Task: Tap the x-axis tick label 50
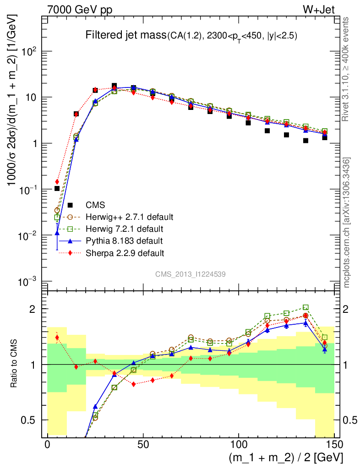[143, 445]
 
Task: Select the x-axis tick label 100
[239, 445]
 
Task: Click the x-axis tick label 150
[334, 445]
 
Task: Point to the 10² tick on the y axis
[30, 51]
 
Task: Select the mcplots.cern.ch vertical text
[347, 222]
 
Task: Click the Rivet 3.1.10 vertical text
[347, 69]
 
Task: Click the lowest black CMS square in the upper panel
[57, 188]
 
